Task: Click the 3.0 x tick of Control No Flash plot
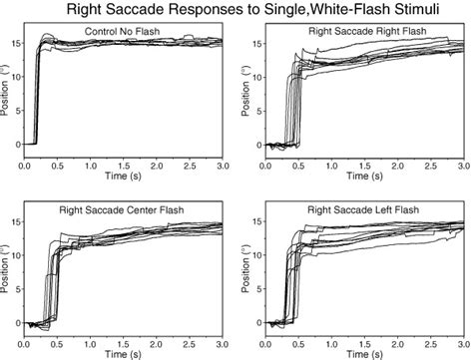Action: point(223,161)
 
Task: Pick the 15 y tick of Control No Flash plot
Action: point(13,43)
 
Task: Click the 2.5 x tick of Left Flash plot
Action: point(432,340)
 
